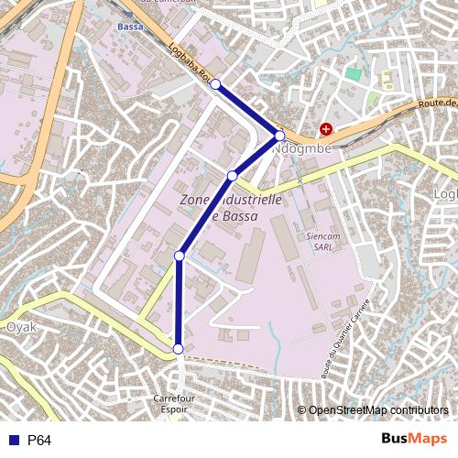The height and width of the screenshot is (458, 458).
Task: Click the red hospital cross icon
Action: click(x=326, y=130)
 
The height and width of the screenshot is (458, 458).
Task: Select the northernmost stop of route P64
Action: click(x=215, y=84)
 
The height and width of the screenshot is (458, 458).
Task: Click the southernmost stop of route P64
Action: click(x=178, y=348)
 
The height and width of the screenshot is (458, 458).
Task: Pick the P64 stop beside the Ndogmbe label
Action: click(x=280, y=136)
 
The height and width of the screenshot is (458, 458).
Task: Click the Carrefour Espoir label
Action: click(x=176, y=405)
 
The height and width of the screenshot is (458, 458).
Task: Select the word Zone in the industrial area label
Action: click(x=196, y=199)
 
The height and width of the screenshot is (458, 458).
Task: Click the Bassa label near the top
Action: click(x=129, y=27)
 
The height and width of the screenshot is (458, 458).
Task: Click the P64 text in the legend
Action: click(x=39, y=441)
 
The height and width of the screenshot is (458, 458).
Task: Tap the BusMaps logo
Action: click(x=415, y=440)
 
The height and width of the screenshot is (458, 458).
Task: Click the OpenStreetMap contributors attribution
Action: click(x=378, y=409)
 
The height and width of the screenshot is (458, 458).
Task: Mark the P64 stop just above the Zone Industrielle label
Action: click(x=233, y=176)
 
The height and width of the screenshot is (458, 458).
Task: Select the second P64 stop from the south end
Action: click(x=180, y=256)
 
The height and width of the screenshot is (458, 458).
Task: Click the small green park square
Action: click(x=354, y=73)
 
